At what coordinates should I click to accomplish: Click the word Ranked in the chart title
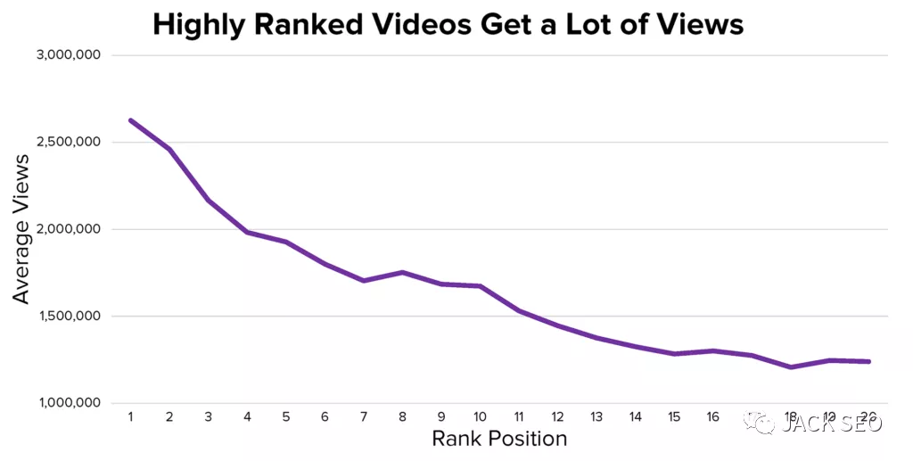click(308, 24)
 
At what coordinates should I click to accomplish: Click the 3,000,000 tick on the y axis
click(68, 55)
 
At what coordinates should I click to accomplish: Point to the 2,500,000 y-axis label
click(68, 143)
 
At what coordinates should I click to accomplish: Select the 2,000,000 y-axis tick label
click(68, 229)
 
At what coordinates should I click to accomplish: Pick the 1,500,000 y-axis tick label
click(69, 317)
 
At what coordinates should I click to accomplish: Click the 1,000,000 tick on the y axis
click(69, 403)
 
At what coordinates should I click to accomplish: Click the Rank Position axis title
click(499, 439)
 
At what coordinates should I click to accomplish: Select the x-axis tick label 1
click(130, 417)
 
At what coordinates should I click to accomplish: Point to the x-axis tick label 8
click(402, 417)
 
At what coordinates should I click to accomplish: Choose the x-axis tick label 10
click(480, 417)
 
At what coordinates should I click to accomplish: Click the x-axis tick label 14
click(635, 417)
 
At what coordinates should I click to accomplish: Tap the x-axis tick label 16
click(712, 417)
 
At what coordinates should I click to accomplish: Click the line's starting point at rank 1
click(130, 120)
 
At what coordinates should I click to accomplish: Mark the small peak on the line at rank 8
click(402, 272)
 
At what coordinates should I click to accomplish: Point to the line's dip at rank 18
click(791, 366)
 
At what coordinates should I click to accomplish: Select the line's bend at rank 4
click(247, 232)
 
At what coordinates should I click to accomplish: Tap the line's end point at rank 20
click(868, 361)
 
